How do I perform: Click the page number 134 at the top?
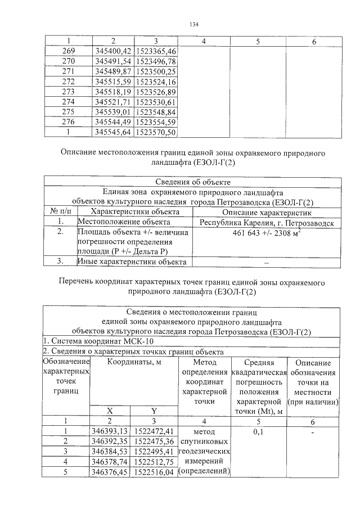[195, 24]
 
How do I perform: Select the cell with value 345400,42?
[112, 51]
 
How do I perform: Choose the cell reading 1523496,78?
[156, 61]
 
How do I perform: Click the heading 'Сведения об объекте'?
[192, 182]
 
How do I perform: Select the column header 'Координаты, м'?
[134, 362]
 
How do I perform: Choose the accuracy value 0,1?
[259, 431]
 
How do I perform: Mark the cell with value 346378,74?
[111, 462]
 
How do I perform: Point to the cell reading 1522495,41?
[155, 452]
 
